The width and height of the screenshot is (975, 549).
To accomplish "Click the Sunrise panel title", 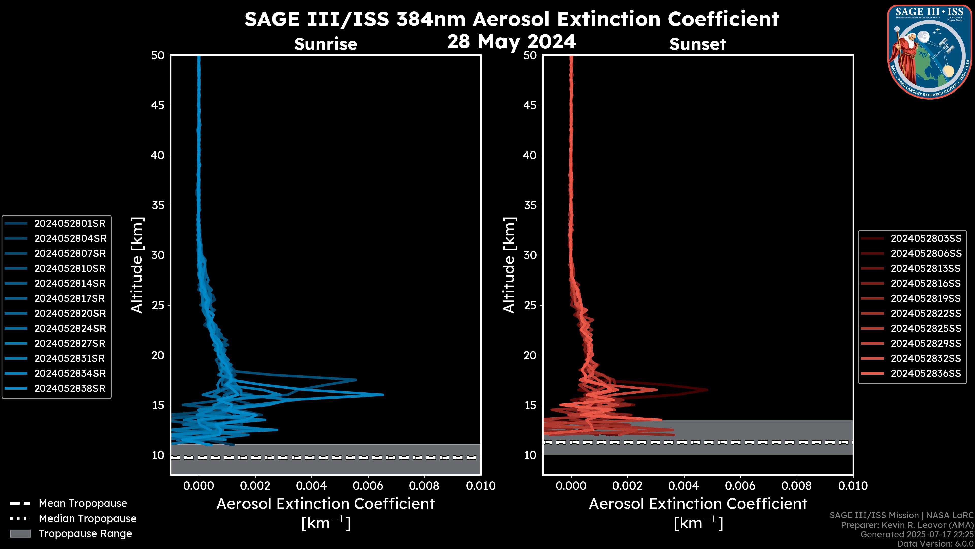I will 326,44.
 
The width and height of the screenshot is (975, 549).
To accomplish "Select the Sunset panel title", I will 697,44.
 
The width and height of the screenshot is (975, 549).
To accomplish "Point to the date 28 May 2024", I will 511,42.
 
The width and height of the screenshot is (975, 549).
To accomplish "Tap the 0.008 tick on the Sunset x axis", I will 797,486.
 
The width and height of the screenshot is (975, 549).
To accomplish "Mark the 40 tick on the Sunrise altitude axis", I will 158,155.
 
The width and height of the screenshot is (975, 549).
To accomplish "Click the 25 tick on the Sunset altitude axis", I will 530,305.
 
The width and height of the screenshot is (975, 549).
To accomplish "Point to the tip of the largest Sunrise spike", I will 383,394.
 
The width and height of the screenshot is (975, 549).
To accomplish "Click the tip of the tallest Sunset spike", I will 707,389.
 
